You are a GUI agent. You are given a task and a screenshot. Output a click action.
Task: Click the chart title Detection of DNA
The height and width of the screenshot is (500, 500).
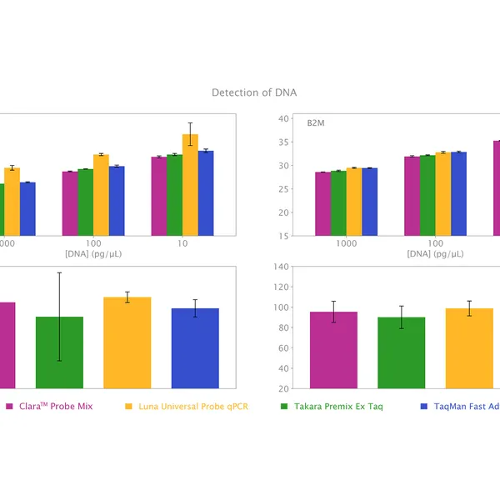pyautogui.click(x=254, y=92)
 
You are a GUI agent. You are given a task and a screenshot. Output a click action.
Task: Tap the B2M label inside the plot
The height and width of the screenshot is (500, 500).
pyautogui.click(x=316, y=123)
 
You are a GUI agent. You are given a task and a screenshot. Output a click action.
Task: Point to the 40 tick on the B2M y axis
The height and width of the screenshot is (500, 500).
pyautogui.click(x=284, y=118)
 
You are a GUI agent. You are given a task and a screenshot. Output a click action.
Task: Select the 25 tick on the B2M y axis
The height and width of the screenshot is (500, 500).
pyautogui.click(x=284, y=189)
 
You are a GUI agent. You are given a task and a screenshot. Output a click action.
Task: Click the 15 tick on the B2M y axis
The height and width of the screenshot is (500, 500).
pyautogui.click(x=284, y=236)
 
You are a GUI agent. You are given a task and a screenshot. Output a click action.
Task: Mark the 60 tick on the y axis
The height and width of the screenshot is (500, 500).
pyautogui.click(x=284, y=348)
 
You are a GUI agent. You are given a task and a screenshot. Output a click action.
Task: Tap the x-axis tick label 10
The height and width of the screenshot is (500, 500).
pyautogui.click(x=182, y=243)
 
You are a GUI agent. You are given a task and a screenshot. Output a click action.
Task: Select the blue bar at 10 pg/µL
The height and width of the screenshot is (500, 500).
pyautogui.click(x=206, y=193)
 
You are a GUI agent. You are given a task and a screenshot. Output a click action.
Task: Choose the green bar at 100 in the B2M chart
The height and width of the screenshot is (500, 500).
pyautogui.click(x=427, y=196)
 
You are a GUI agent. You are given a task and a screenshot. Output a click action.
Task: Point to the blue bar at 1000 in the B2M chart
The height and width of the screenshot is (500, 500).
pyautogui.click(x=369, y=202)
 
